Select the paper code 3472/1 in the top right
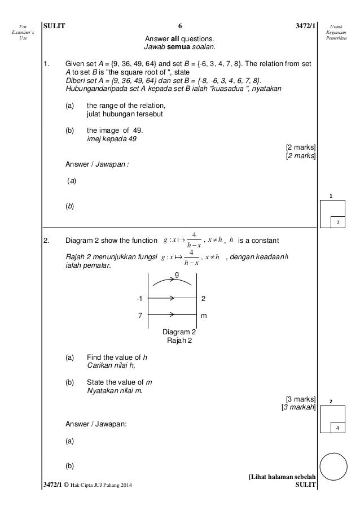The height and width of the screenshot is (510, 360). tap(302, 25)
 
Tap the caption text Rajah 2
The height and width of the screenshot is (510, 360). tap(179, 340)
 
